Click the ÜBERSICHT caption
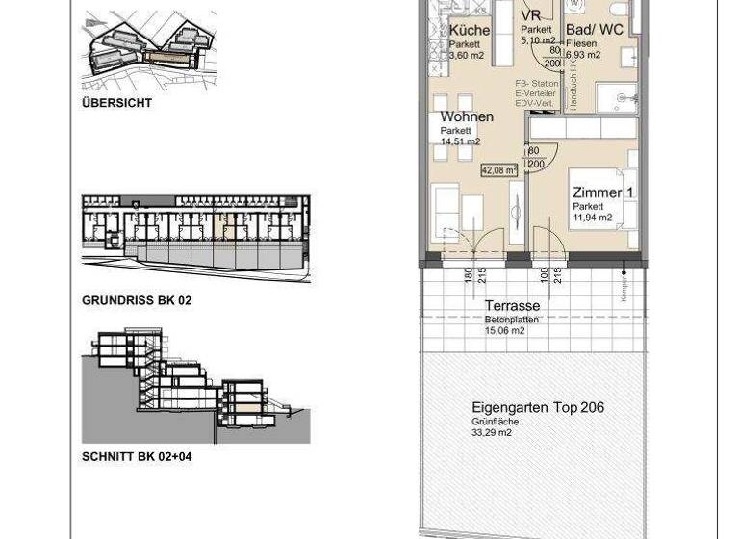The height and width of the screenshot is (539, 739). (x=116, y=103)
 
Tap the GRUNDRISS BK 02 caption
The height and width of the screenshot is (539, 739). (x=137, y=300)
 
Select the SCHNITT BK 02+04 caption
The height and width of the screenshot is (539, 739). (x=137, y=456)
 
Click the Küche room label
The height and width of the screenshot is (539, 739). (x=470, y=30)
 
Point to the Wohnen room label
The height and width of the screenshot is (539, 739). (x=467, y=116)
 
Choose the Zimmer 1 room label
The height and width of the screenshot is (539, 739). (x=602, y=192)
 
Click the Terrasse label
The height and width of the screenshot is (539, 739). (x=512, y=306)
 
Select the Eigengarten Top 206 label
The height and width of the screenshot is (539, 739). (x=538, y=407)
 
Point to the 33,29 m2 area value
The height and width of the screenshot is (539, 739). (x=492, y=433)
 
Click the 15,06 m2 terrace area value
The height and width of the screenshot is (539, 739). (x=504, y=331)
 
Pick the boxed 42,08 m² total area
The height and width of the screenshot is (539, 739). (x=498, y=170)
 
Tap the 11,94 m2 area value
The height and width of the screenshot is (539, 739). (x=593, y=218)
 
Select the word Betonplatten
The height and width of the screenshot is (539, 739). (x=511, y=320)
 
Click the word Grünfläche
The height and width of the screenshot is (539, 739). (x=496, y=422)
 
